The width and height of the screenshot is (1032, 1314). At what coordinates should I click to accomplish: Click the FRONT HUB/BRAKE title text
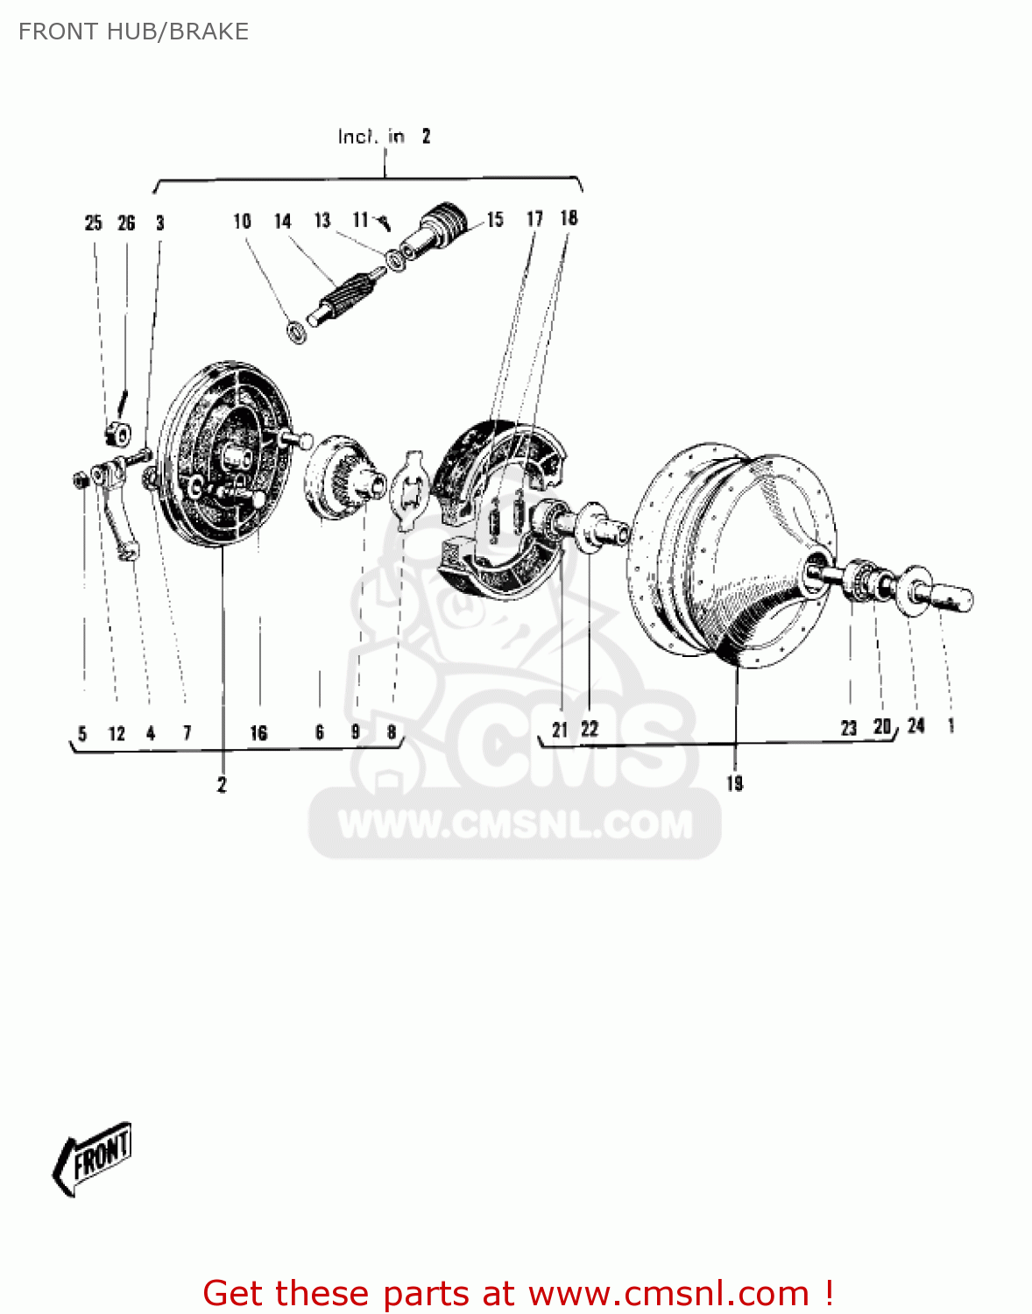point(133,32)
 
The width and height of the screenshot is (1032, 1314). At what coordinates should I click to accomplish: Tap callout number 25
point(93,223)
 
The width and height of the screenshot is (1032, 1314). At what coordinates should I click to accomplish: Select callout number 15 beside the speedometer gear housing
point(495,220)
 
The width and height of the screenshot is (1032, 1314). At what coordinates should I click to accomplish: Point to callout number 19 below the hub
point(734,783)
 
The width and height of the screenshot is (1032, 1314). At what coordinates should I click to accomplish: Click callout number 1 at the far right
point(951,725)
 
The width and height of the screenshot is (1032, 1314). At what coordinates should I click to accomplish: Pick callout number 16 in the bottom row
point(258,733)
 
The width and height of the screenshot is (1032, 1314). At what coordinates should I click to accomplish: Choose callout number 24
point(915,725)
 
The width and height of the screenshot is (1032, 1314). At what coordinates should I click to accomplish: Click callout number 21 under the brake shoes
point(560,729)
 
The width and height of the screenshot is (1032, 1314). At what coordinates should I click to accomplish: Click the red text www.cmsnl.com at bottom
point(668,1294)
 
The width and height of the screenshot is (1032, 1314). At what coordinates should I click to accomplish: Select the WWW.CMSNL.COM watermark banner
point(515,824)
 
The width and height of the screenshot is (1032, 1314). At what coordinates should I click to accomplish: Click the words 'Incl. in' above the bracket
point(371,137)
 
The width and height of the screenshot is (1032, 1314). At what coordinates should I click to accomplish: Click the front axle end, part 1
point(951,598)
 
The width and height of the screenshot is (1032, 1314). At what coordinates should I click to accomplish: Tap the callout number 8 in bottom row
point(391,732)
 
